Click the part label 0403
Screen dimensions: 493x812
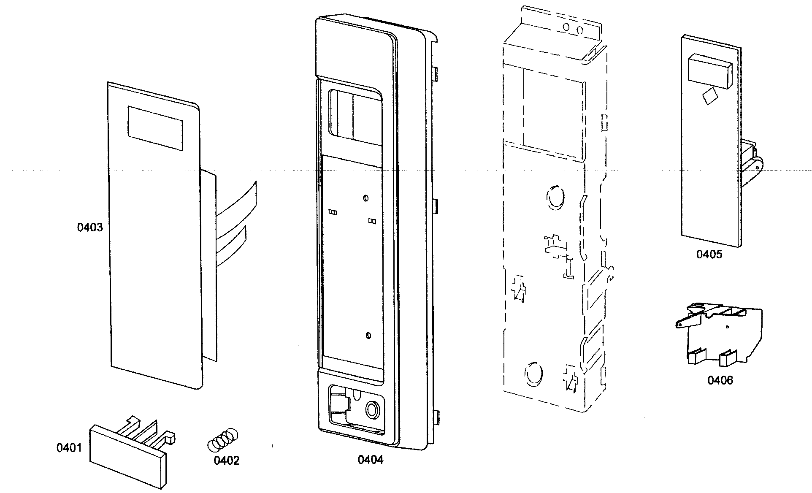tap(89, 228)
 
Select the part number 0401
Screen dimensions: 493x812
tap(69, 447)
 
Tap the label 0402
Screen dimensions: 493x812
tap(226, 460)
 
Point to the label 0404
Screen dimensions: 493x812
tap(371, 460)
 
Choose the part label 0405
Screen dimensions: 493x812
tap(709, 254)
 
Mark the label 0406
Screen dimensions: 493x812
tap(720, 380)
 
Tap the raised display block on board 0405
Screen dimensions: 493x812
tap(709, 73)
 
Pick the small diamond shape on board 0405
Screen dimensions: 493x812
tap(710, 97)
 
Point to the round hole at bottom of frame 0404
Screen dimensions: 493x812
tap(372, 409)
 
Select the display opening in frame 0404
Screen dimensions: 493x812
tap(355, 115)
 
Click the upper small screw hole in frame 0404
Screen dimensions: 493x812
tap(365, 198)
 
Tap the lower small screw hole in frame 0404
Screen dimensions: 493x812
tap(368, 336)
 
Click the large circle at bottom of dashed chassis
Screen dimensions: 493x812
tap(533, 373)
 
